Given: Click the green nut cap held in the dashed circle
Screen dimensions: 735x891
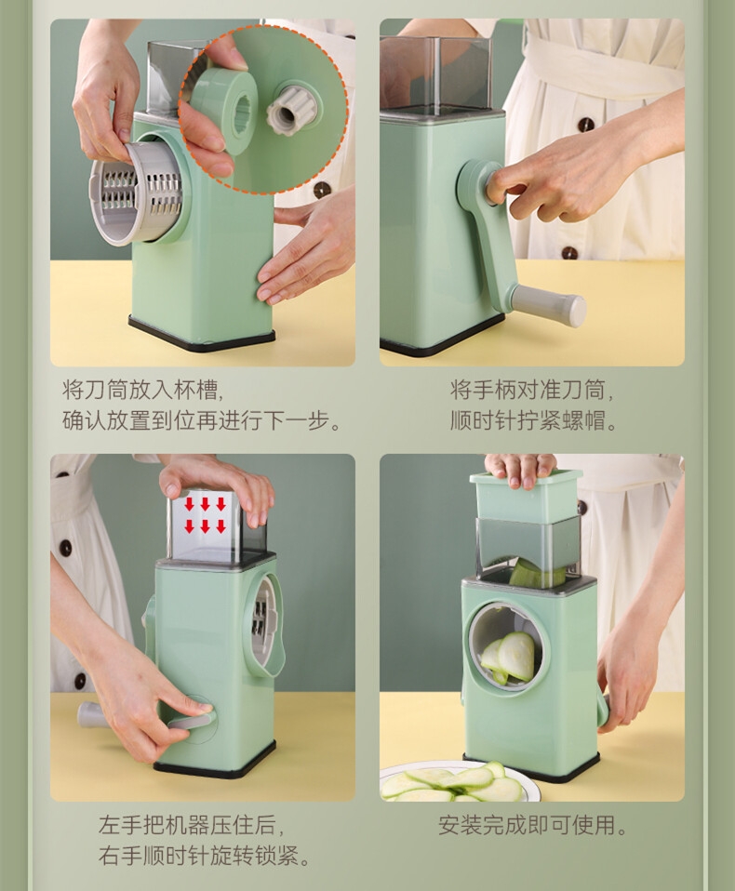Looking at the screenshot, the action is pos(223,111).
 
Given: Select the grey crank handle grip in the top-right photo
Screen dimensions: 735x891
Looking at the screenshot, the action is pos(549,301).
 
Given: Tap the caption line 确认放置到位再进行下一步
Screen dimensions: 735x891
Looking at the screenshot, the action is pos(201,421).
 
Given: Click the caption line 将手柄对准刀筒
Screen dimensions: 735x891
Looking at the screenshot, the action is pos(532,391).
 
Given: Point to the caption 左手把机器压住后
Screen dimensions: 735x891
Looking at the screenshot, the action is pos(191,825).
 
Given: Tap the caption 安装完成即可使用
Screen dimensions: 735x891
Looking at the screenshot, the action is pos(532,825).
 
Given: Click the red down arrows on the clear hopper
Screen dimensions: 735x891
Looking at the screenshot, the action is pos(206,515).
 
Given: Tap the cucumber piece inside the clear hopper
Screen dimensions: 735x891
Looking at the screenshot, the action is pos(538,574).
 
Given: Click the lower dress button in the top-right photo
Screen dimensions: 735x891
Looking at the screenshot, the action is pos(569,252).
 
